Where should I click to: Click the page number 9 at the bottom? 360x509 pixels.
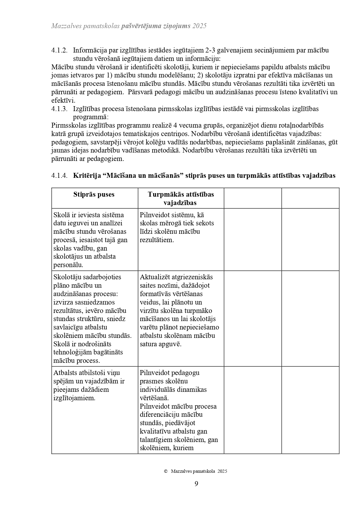(x=196, y=483)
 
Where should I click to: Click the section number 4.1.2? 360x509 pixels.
(x=59, y=50)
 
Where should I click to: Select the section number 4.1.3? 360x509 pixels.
(x=59, y=109)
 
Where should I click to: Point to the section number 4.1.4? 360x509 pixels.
(x=59, y=176)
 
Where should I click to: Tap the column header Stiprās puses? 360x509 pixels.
(x=94, y=195)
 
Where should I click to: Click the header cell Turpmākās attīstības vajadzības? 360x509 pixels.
(x=180, y=198)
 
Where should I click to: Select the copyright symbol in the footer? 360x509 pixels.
(x=166, y=471)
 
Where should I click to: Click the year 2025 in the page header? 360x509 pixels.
(x=199, y=26)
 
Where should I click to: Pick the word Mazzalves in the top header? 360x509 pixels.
(x=65, y=26)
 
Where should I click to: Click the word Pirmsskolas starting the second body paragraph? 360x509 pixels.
(x=69, y=126)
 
